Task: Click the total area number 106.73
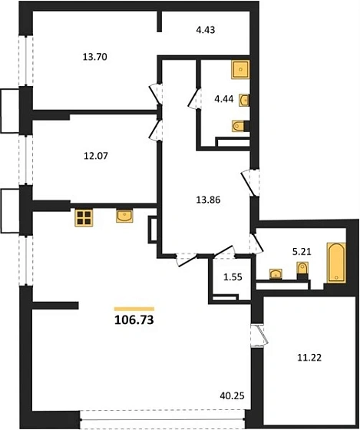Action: click(x=134, y=319)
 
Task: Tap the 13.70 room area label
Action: click(x=94, y=57)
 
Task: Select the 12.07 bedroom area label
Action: click(x=96, y=156)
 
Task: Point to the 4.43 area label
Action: click(x=206, y=30)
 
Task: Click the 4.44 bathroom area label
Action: click(x=224, y=99)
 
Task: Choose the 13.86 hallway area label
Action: click(x=208, y=200)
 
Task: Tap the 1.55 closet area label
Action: click(x=233, y=277)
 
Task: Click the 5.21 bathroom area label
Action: click(x=302, y=252)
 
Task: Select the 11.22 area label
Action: click(x=309, y=358)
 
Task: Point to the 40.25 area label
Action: click(x=232, y=395)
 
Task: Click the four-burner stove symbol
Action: click(x=84, y=218)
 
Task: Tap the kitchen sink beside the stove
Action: click(x=124, y=216)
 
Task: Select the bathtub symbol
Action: click(x=336, y=263)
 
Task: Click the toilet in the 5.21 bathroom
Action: click(x=302, y=268)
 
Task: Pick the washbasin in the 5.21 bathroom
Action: click(x=276, y=274)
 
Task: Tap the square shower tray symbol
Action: click(x=240, y=69)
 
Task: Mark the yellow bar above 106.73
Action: click(x=134, y=309)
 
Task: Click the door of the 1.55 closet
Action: click(x=224, y=252)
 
